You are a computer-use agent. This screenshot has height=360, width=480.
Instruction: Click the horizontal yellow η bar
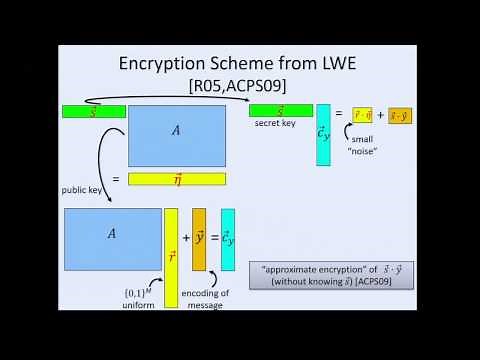[x=176, y=179]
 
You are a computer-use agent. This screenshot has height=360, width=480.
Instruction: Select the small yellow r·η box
[x=362, y=116]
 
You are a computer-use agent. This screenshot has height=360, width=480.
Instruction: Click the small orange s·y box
[x=399, y=116]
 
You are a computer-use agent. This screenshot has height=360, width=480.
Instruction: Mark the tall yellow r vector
[x=171, y=257]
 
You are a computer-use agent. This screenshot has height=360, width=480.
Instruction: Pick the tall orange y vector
[x=199, y=239]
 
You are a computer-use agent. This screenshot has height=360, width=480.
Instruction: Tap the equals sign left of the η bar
[x=117, y=180]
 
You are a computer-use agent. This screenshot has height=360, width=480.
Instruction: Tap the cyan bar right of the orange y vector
[x=228, y=239]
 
